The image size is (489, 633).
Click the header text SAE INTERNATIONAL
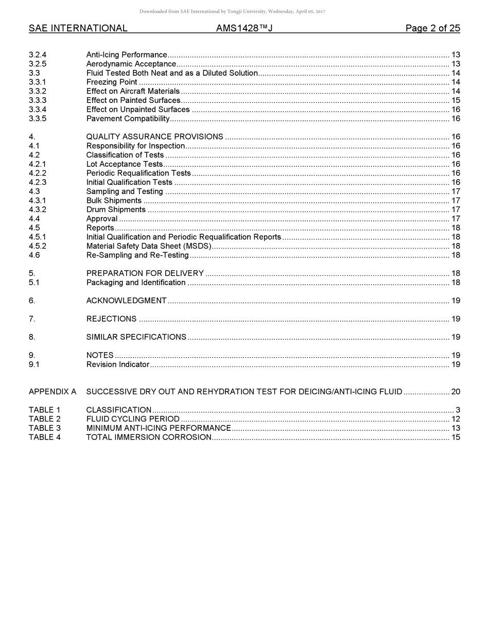tap(78, 28)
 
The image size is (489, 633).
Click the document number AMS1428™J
tap(244, 28)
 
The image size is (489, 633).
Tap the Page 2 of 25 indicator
tap(432, 28)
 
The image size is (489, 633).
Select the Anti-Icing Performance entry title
tap(127, 55)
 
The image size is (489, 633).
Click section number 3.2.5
tap(38, 64)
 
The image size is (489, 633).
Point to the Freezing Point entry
tap(112, 82)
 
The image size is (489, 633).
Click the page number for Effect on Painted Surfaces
tap(456, 100)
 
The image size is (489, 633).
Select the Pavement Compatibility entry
tap(128, 119)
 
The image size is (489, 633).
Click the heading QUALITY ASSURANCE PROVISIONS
tap(154, 137)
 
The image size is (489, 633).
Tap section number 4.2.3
tap(38, 182)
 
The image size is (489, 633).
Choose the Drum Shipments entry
tap(116, 209)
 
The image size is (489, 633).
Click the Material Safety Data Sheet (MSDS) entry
tap(149, 246)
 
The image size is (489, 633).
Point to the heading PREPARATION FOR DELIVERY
tap(145, 273)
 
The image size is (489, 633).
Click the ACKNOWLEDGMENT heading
tap(126, 301)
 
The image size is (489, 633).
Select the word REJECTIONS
tap(111, 319)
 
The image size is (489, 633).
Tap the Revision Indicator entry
tap(117, 364)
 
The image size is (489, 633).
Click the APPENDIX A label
tap(53, 392)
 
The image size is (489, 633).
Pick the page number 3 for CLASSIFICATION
tap(458, 410)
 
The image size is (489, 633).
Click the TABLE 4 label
tap(45, 437)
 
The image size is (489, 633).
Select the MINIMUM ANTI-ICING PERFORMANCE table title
tap(159, 428)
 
